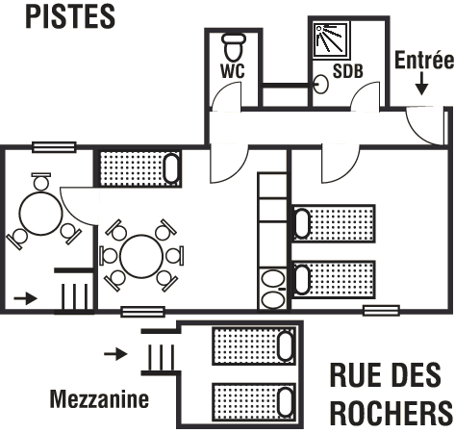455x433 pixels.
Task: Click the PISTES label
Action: tap(70, 17)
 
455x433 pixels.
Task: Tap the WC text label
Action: tap(233, 71)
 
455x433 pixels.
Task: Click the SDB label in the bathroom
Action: tap(348, 71)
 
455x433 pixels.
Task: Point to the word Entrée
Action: tap(424, 60)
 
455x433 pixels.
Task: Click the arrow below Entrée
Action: tap(422, 84)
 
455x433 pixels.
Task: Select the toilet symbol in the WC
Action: tap(234, 47)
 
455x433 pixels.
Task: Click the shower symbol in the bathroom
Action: tap(332, 40)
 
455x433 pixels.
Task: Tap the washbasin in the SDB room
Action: tap(320, 84)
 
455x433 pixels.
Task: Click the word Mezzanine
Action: tap(99, 398)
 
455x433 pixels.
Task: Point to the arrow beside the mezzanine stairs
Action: tap(115, 354)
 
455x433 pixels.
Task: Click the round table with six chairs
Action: tap(141, 256)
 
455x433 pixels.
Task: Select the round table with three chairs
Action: tap(40, 214)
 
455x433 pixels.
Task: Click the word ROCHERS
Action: tap(392, 412)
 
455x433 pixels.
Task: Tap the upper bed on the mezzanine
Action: tap(254, 346)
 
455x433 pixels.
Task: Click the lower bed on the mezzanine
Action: tap(254, 401)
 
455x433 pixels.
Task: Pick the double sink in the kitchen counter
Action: tap(273, 290)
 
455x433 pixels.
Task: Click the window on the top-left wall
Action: tap(55, 147)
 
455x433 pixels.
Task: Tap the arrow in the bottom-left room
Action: tap(26, 298)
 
